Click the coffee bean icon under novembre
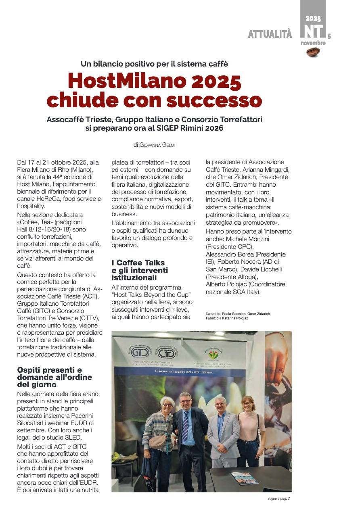click(313, 52)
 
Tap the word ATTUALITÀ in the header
click(270, 35)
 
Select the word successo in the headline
click(214, 100)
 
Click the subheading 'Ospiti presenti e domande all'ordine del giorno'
click(54, 377)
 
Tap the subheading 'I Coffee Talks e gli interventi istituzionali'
click(140, 270)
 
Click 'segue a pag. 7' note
click(278, 499)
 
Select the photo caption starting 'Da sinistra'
click(238, 316)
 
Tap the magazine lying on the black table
click(245, 478)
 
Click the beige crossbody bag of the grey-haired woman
click(159, 440)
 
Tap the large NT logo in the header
click(313, 31)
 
